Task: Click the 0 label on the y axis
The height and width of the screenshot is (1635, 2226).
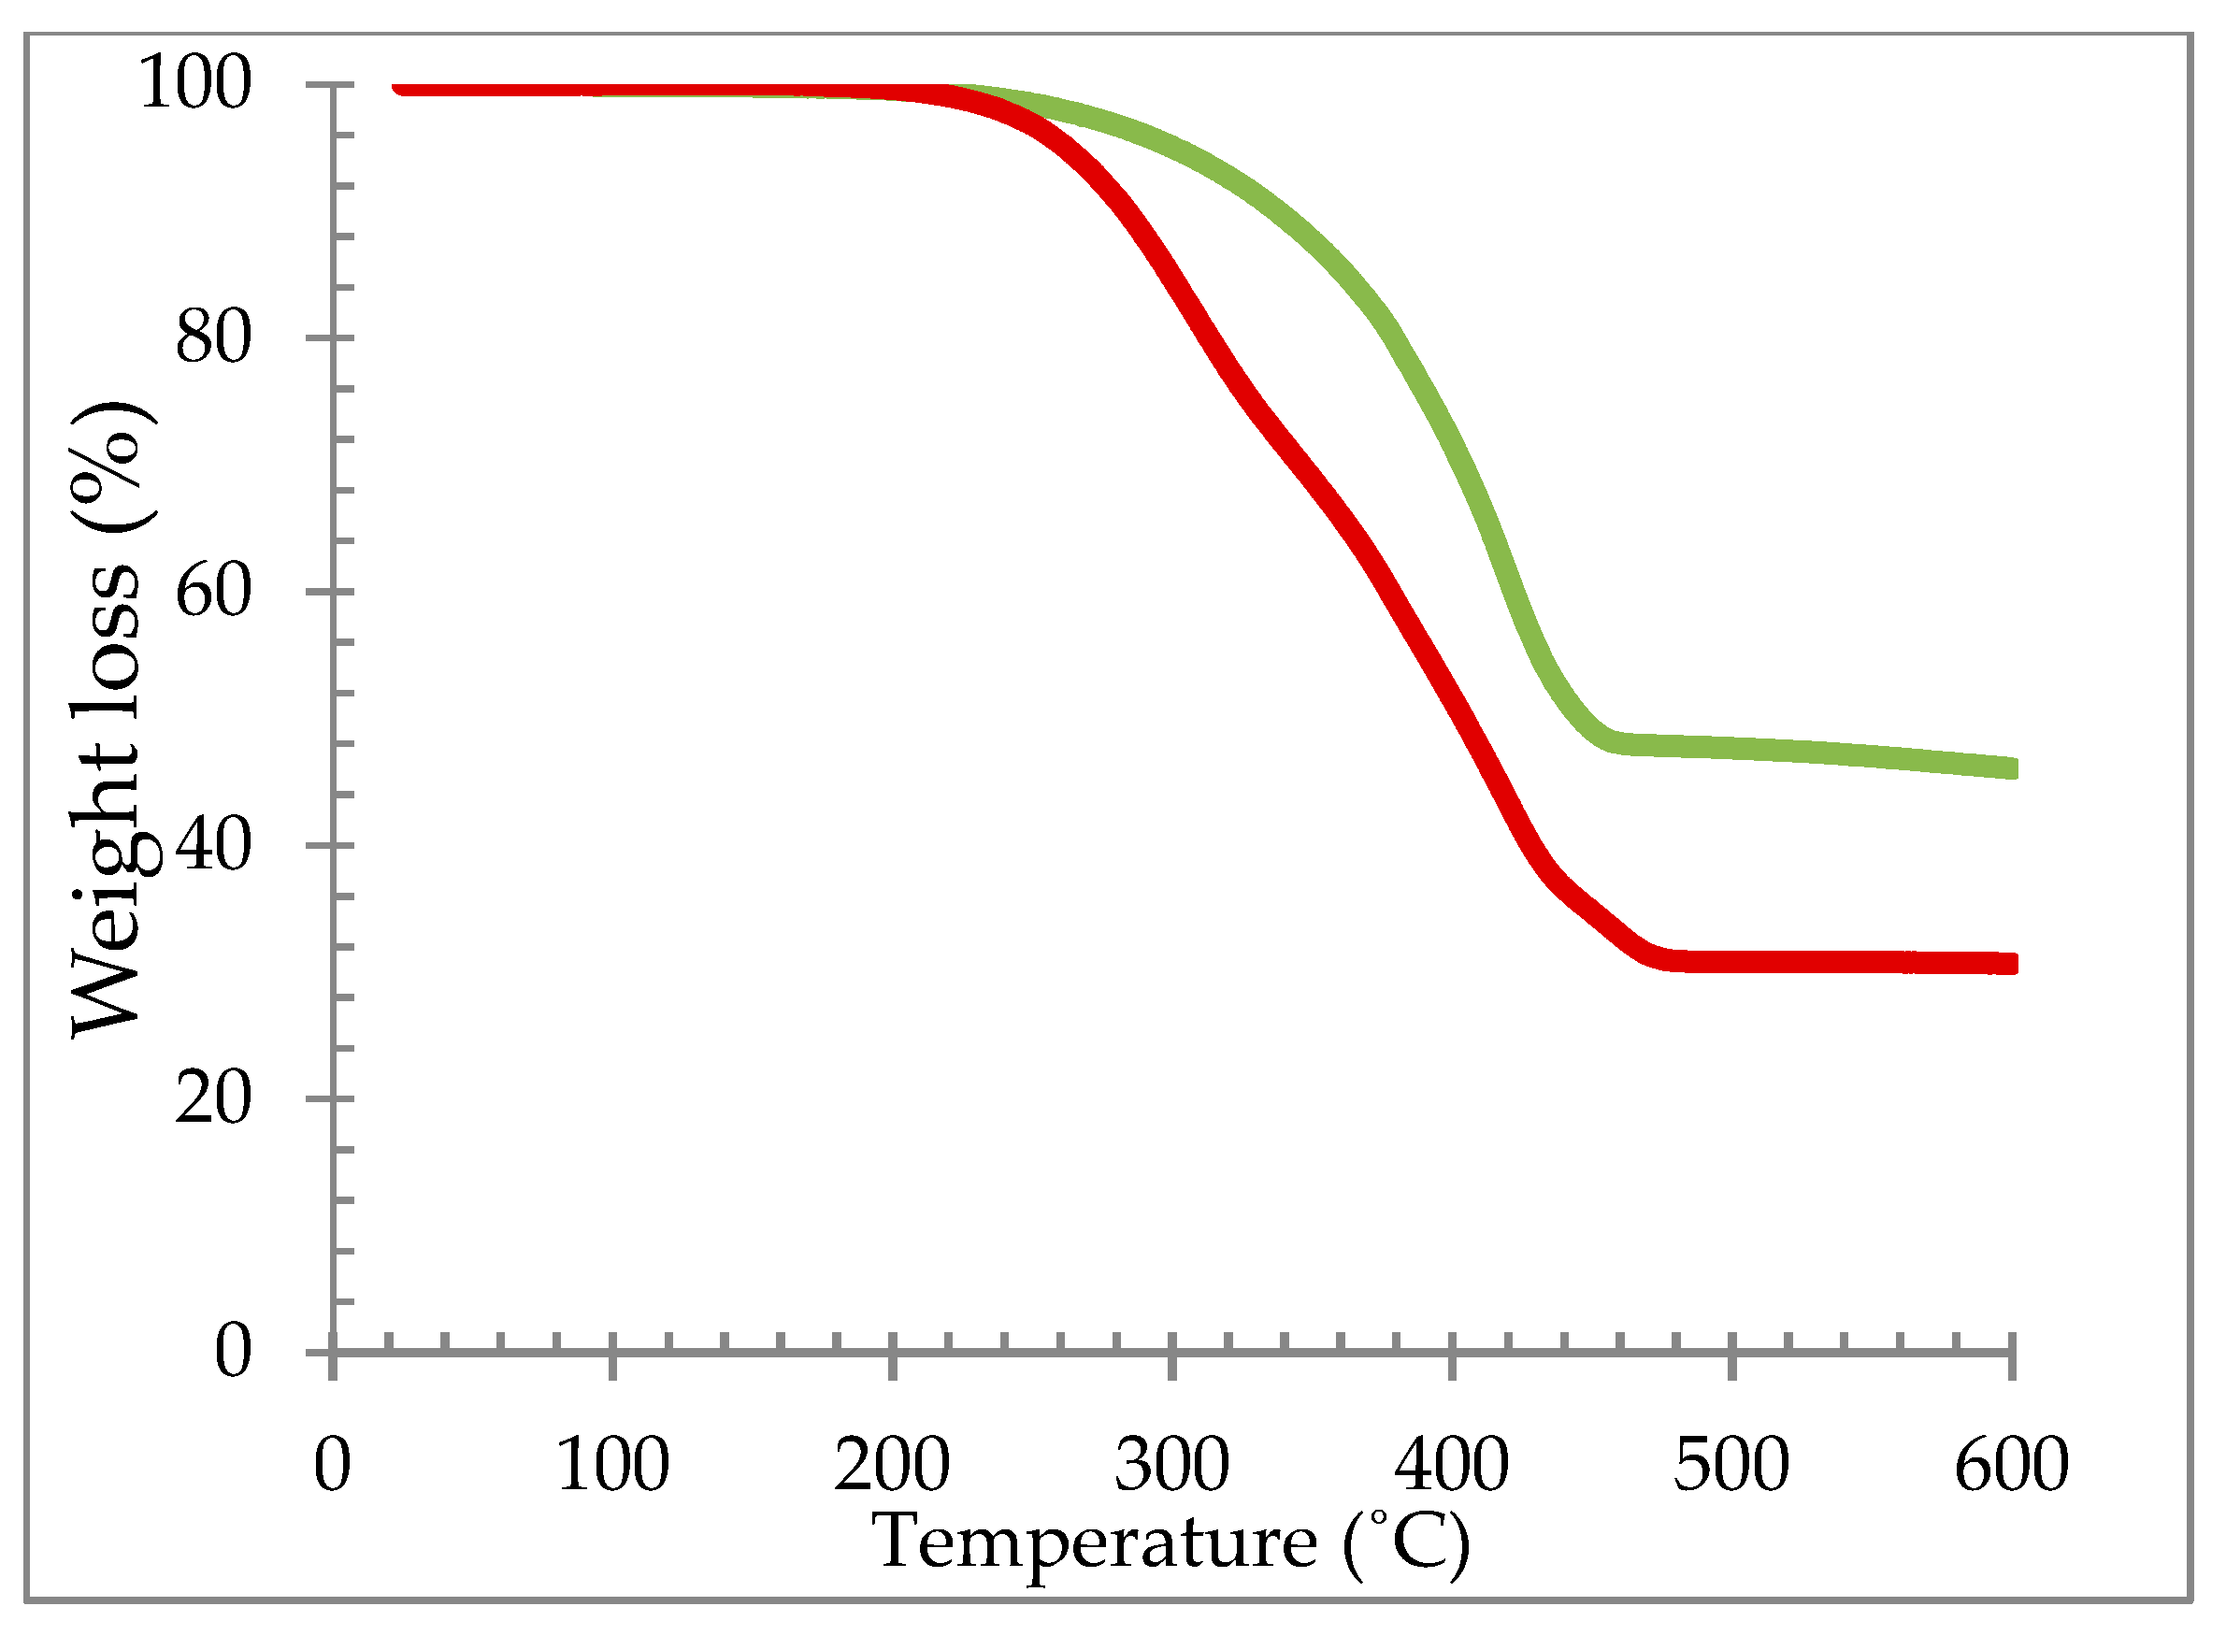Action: [233, 1351]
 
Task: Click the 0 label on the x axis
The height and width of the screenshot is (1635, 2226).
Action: [333, 1465]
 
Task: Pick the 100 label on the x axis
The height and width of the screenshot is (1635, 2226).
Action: [612, 1465]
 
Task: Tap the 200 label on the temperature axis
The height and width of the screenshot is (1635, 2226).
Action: [892, 1465]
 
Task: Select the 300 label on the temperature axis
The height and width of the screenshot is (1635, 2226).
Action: [1171, 1465]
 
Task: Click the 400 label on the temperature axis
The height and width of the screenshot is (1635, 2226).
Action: [1451, 1465]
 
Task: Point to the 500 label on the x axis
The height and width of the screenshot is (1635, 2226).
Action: [1731, 1465]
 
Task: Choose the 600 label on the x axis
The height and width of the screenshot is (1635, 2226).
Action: [2011, 1465]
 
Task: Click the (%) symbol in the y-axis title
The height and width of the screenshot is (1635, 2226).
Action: [111, 466]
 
